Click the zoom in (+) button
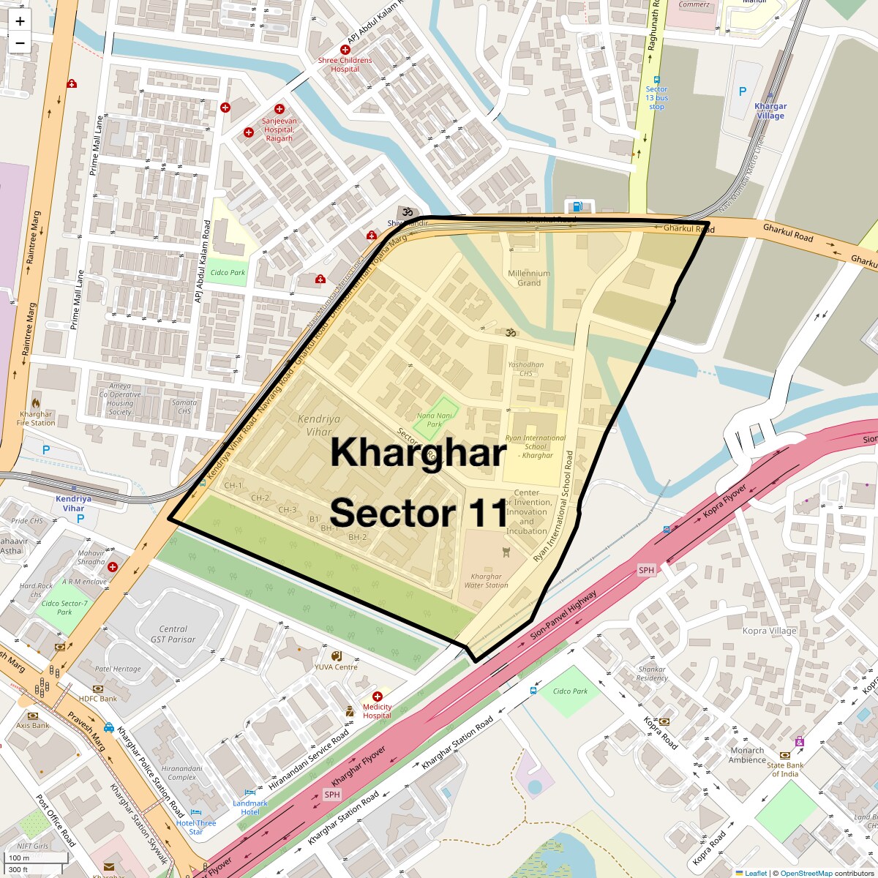point(20,21)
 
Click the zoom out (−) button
point(20,43)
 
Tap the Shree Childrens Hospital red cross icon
point(345,49)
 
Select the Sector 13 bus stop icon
point(656,80)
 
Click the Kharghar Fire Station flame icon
point(36,402)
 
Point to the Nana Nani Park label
point(435,419)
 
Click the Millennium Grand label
point(529,278)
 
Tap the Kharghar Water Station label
point(486,580)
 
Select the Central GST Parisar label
point(173,634)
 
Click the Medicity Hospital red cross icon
point(378,697)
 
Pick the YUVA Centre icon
point(336,656)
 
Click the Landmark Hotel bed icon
point(250,792)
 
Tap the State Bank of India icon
point(785,754)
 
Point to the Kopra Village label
point(769,631)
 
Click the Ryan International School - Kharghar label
point(536,446)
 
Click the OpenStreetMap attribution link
point(806,873)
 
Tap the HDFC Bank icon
point(98,688)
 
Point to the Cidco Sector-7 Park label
point(64,607)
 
